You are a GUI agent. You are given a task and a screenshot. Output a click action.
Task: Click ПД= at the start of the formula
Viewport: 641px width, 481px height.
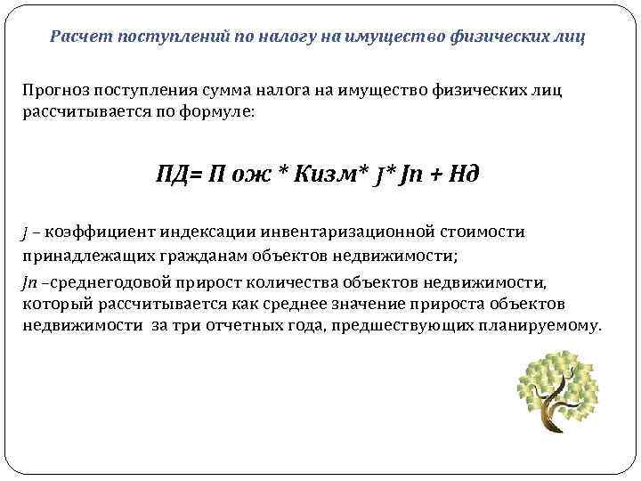[178, 171]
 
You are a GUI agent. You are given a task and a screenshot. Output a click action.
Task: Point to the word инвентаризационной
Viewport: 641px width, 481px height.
[345, 232]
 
